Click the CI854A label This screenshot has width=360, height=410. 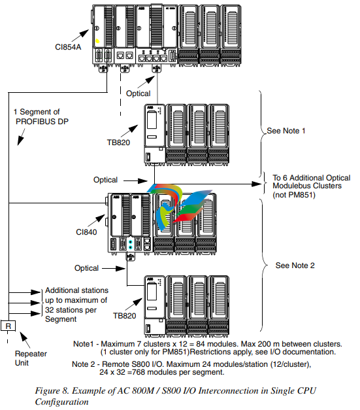(68, 47)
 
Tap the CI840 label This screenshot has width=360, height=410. (86, 232)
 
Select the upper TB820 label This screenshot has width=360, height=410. (118, 143)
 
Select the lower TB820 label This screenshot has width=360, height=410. (124, 316)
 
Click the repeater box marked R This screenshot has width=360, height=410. (8, 326)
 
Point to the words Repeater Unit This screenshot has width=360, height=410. (31, 358)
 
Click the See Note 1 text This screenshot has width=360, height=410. (286, 131)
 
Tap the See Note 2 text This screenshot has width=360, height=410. (295, 265)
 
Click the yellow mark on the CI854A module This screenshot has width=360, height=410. (97, 41)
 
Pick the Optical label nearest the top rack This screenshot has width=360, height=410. (139, 94)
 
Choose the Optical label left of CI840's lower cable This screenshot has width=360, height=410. (86, 268)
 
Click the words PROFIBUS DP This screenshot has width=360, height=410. (42, 122)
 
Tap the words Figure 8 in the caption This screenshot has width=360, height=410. (52, 390)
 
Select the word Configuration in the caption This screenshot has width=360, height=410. (62, 402)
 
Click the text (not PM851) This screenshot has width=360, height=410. (294, 195)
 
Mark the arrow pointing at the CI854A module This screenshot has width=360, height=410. (80, 35)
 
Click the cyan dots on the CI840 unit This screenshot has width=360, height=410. (131, 245)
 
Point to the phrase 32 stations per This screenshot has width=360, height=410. (71, 310)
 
